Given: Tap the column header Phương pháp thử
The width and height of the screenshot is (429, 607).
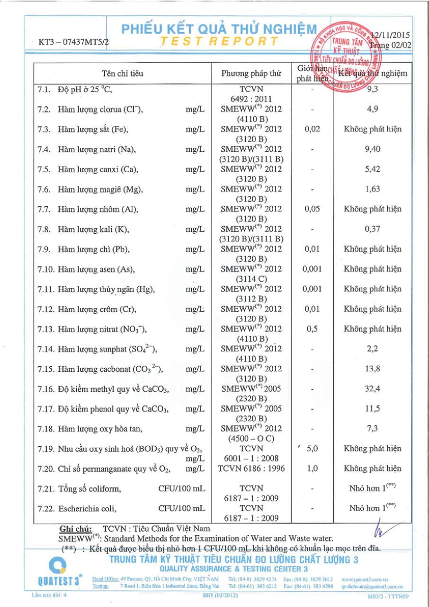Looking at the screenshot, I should pyautogui.click(x=251, y=74).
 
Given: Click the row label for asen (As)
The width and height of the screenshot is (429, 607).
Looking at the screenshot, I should pyautogui.click(x=97, y=269).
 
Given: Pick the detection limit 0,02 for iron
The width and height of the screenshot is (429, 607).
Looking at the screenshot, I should pyautogui.click(x=312, y=129).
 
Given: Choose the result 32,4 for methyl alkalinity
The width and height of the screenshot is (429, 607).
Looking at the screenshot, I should pyautogui.click(x=373, y=388).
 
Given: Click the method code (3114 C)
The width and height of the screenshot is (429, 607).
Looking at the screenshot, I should pyautogui.click(x=251, y=279).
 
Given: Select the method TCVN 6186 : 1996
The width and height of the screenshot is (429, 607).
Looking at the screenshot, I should pyautogui.click(x=251, y=469).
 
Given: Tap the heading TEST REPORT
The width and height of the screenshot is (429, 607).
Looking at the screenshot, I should pyautogui.click(x=219, y=41).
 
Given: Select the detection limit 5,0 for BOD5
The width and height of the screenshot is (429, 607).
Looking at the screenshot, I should pyautogui.click(x=312, y=449).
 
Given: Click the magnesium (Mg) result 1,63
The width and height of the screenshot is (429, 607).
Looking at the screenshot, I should pyautogui.click(x=373, y=189).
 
